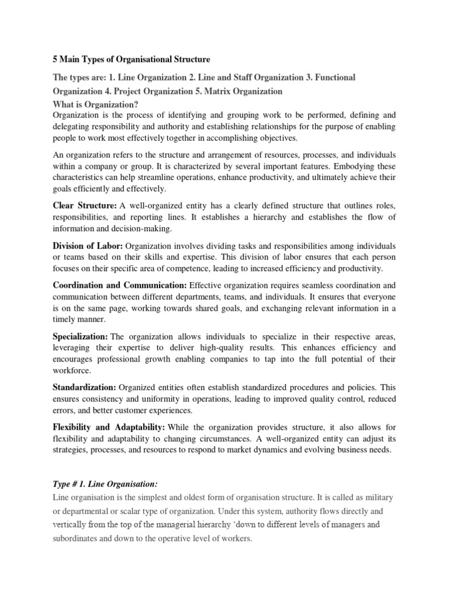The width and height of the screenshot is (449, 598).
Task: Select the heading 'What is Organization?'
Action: click(95, 105)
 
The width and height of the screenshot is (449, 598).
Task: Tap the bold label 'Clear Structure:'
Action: click(85, 206)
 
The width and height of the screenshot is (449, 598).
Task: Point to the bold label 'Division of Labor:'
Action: click(88, 246)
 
